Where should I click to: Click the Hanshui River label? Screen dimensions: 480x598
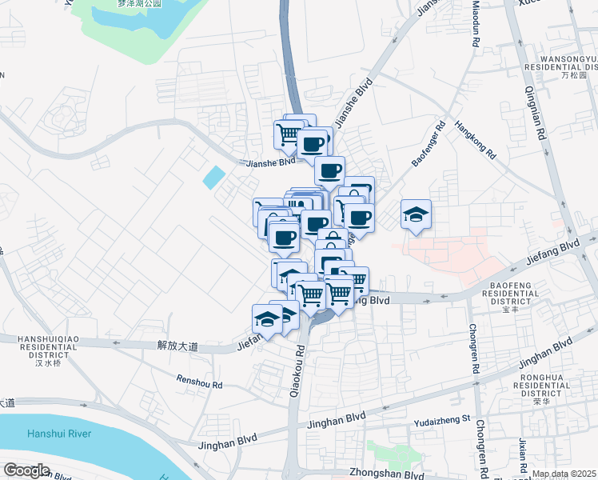coord(57,434)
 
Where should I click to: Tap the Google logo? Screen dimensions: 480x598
coord(27,470)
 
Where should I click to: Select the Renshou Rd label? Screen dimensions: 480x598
coord(200,384)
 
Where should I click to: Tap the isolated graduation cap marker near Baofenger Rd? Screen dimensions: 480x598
coord(417,214)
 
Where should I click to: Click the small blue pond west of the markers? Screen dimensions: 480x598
coord(213,177)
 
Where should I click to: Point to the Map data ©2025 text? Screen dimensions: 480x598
coord(564,474)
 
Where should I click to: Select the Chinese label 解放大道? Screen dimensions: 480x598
coord(177,346)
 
